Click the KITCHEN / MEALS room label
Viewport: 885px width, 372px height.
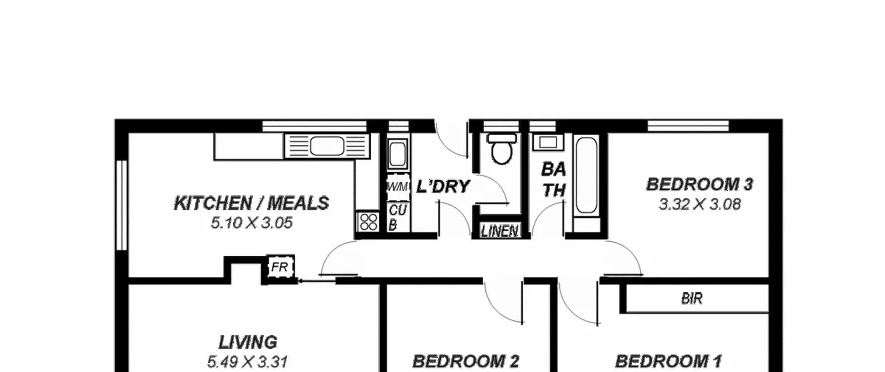[251, 203]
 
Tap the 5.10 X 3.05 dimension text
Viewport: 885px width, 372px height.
[252, 223]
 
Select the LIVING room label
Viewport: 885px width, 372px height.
[248, 342]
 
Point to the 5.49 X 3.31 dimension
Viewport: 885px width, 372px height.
[248, 362]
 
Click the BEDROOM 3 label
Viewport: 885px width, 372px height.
[699, 184]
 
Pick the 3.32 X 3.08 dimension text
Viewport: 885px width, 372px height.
[699, 204]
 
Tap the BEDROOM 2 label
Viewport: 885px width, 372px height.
[466, 362]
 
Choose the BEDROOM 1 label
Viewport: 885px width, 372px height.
[668, 362]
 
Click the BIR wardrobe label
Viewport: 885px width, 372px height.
[692, 298]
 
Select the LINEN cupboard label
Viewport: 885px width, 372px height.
[500, 231]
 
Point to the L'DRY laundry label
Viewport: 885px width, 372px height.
[443, 187]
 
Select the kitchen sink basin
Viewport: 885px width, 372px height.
[327, 146]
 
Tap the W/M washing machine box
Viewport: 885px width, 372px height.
[398, 187]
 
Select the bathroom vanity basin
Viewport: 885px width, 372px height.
[548, 142]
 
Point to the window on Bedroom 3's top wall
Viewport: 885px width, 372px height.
[688, 126]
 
